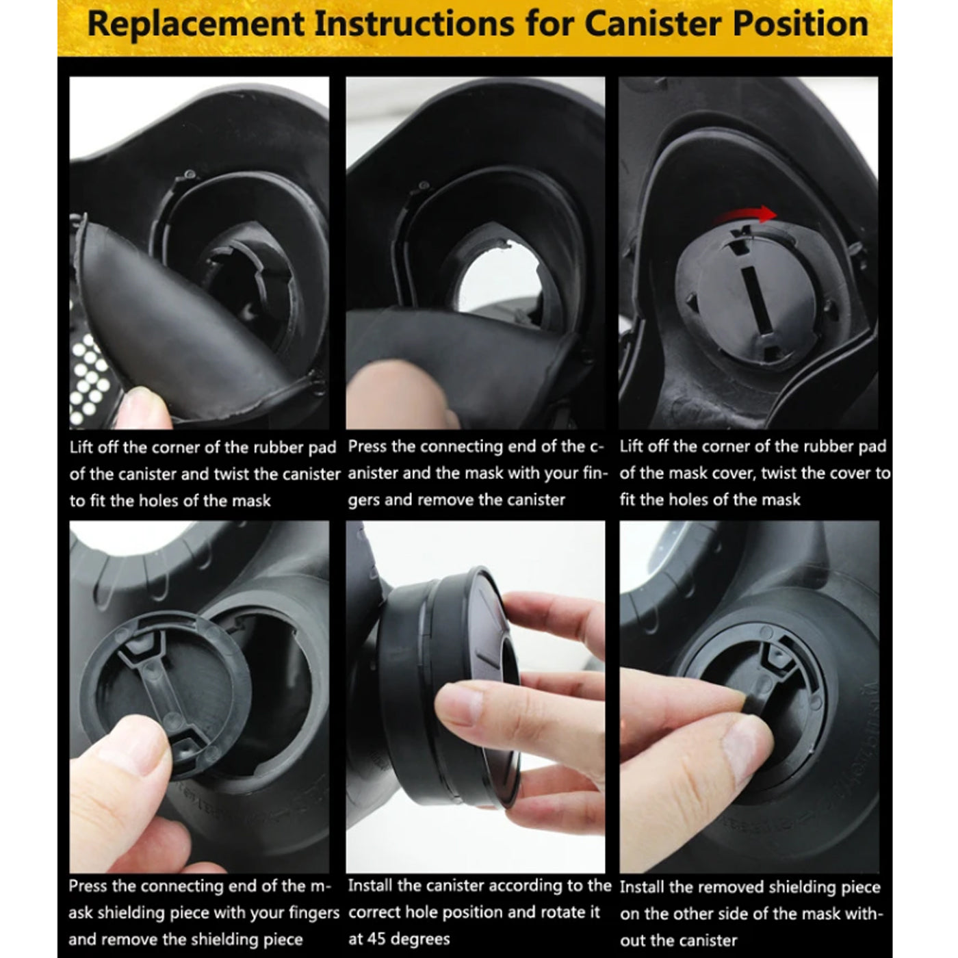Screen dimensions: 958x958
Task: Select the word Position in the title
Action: [801, 23]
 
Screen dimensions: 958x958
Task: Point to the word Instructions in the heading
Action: [415, 23]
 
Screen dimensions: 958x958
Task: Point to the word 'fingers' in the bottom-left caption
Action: [308, 913]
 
